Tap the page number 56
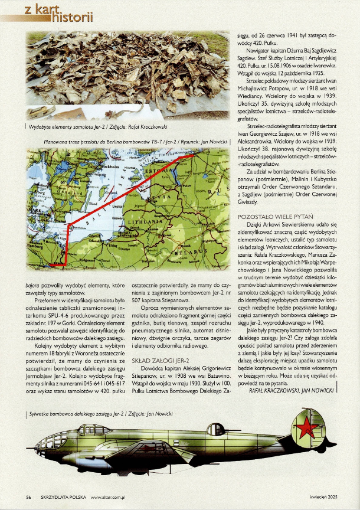(x=28, y=496)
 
